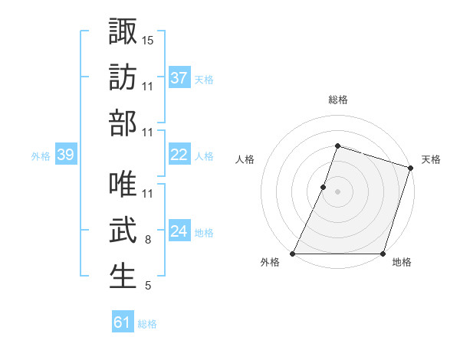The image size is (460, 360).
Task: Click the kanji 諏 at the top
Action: coord(123,32)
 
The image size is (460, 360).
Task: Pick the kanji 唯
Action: coord(123,185)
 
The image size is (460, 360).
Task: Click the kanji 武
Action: coord(123,231)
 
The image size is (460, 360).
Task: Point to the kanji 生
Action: coord(123,277)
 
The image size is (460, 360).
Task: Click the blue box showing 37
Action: coord(179,77)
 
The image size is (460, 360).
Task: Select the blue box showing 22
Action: coord(179,155)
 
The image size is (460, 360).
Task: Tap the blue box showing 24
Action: coord(179,231)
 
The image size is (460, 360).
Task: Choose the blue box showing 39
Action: coord(65,155)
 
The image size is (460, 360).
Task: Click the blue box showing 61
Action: coord(123,322)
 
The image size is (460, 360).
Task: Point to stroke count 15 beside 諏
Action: coord(149,40)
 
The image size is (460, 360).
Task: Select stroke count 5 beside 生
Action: coord(148,286)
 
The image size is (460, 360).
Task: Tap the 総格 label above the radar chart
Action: coord(338,100)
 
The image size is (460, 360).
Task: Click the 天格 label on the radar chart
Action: coord(431,159)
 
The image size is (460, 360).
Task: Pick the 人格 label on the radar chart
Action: coord(245,159)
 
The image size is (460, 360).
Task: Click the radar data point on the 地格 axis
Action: coord(383,254)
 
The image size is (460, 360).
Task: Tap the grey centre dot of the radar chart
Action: coord(338,191)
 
